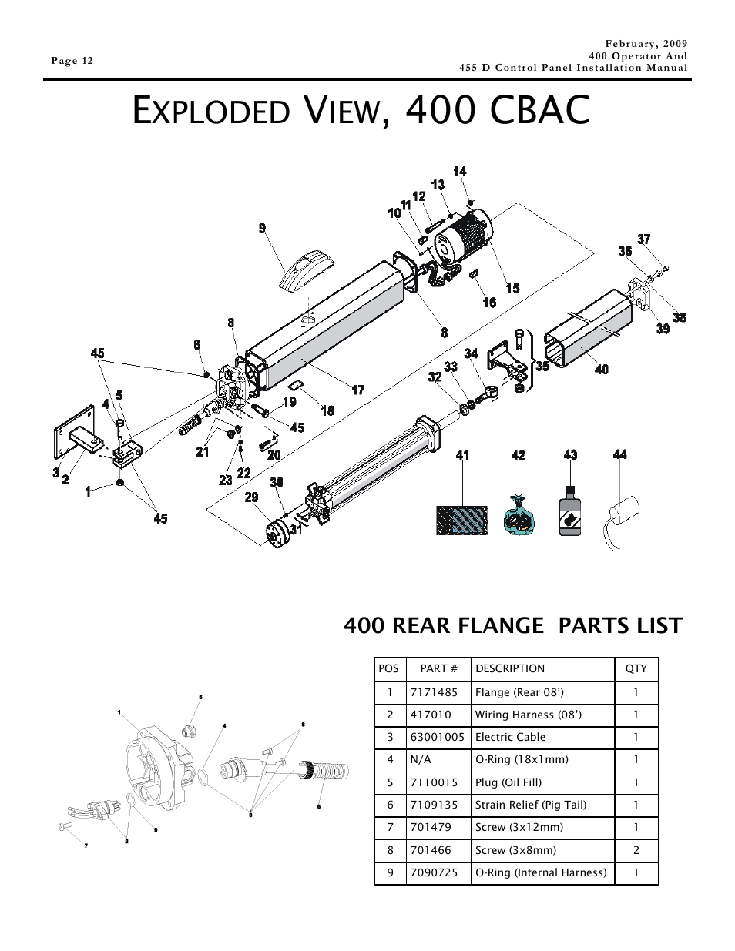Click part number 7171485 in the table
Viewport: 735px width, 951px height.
pyautogui.click(x=434, y=692)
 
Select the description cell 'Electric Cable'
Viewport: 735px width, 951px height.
pyautogui.click(x=510, y=737)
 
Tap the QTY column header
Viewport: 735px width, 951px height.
pyautogui.click(x=636, y=669)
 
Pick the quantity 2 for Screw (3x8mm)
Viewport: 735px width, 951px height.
pyautogui.click(x=636, y=850)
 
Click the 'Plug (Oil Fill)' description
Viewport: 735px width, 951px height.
pyautogui.click(x=508, y=782)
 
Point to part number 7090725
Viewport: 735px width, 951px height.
pyautogui.click(x=434, y=872)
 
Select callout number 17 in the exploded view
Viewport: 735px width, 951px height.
pyautogui.click(x=358, y=390)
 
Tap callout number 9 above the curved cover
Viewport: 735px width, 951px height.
pyautogui.click(x=262, y=228)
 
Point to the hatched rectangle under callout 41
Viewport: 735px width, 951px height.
pyautogui.click(x=462, y=521)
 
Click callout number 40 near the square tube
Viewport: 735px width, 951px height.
pyautogui.click(x=601, y=370)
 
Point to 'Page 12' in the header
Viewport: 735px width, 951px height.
pyautogui.click(x=72, y=62)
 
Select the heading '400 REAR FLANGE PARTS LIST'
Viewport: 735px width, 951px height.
pyautogui.click(x=513, y=625)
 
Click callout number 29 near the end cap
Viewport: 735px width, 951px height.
pyautogui.click(x=251, y=497)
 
